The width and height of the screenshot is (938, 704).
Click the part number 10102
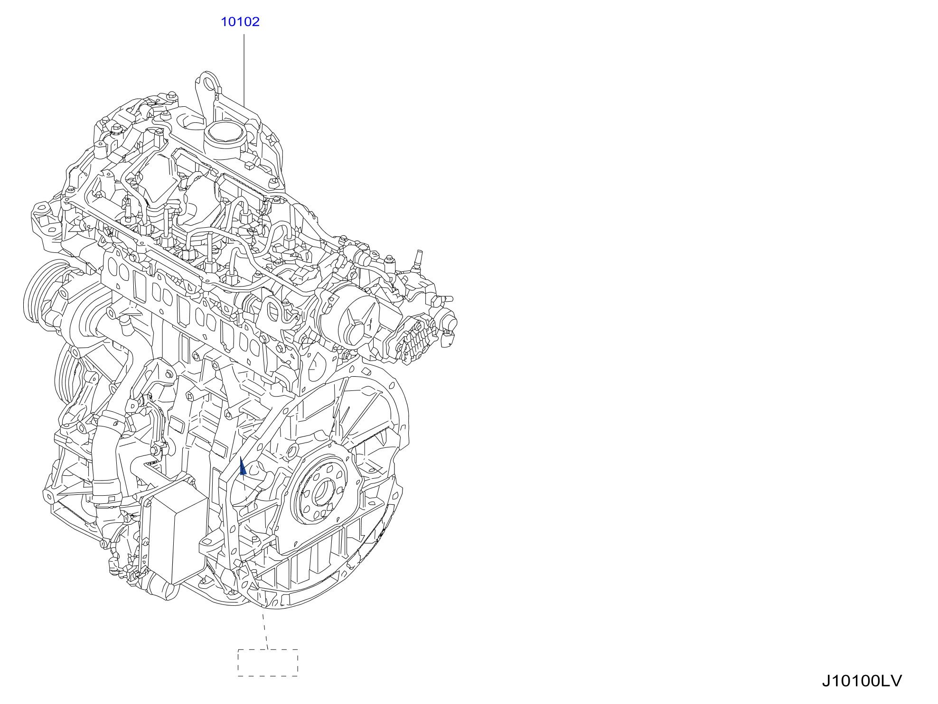pos(240,22)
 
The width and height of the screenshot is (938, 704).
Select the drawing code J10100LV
pos(862,681)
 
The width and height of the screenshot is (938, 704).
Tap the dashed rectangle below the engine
pos(268,663)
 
